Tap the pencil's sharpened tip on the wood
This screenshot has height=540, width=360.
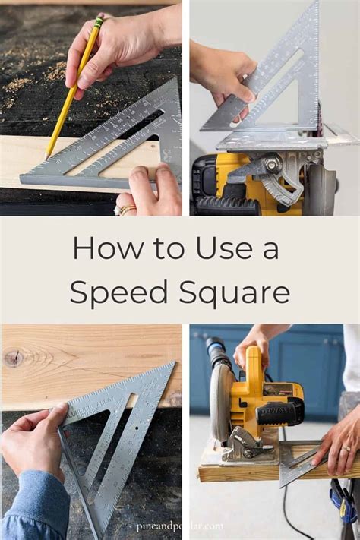point(47,156)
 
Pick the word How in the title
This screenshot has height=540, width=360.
point(99,248)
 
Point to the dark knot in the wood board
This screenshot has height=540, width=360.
point(13,358)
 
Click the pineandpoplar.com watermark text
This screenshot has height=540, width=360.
point(179,526)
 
